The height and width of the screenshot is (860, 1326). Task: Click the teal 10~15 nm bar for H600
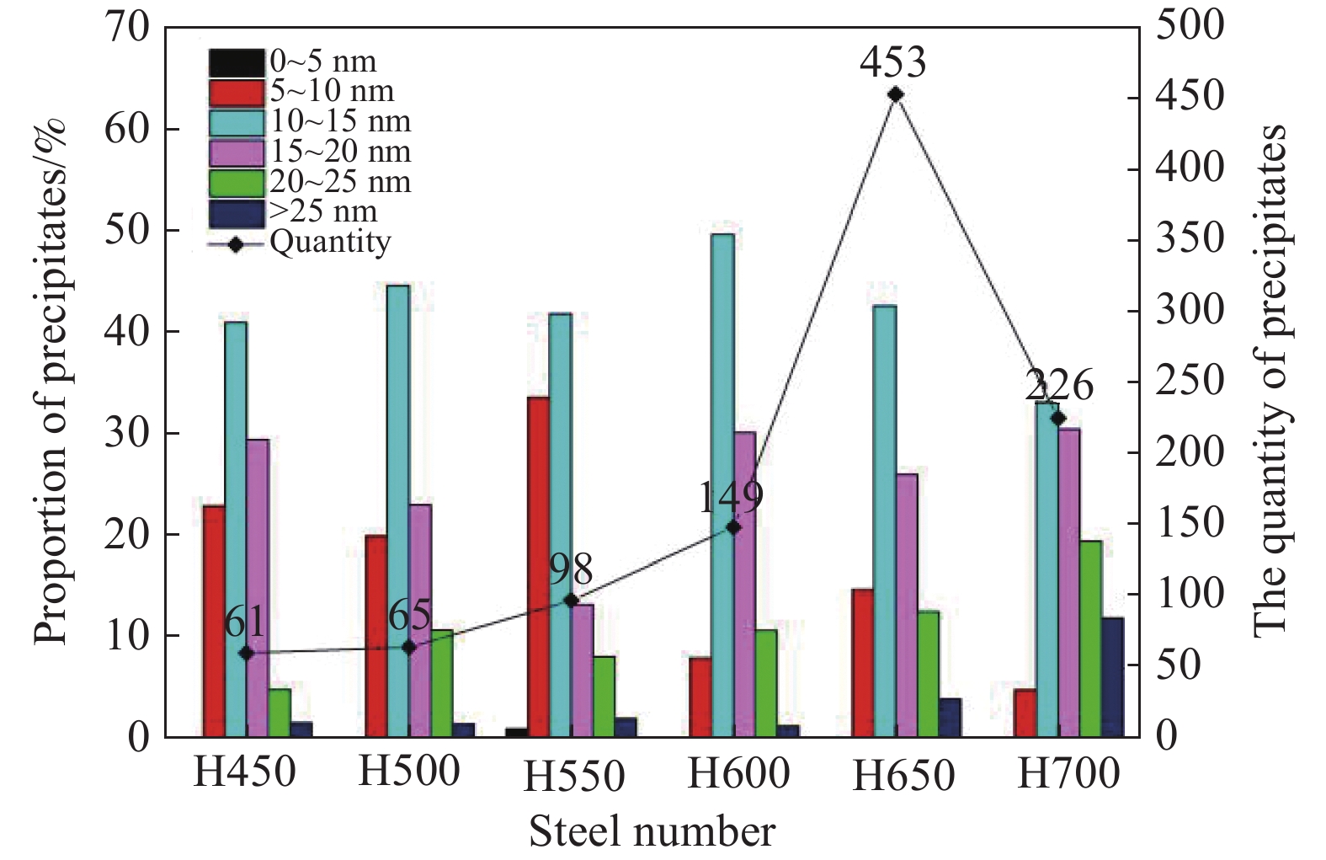pyautogui.click(x=723, y=485)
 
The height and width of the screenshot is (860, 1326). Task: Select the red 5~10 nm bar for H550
pyautogui.click(x=539, y=567)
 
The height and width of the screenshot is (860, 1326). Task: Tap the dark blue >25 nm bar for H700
pyautogui.click(x=1113, y=677)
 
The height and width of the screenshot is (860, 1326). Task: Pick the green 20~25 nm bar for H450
pyautogui.click(x=280, y=713)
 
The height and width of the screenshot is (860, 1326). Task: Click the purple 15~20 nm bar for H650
pyautogui.click(x=907, y=606)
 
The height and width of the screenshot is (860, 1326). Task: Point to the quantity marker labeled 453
pyautogui.click(x=896, y=94)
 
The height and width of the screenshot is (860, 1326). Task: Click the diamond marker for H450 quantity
pyautogui.click(x=247, y=654)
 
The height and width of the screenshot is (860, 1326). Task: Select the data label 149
pyautogui.click(x=731, y=498)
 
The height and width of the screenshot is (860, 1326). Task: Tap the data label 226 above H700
pyautogui.click(x=1059, y=386)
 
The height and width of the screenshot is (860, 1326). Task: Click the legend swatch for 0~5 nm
pyautogui.click(x=237, y=62)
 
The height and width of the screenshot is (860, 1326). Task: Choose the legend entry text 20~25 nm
pyautogui.click(x=340, y=181)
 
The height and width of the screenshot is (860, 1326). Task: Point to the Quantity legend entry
pyautogui.click(x=300, y=243)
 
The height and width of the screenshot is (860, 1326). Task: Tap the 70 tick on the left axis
pyautogui.click(x=126, y=28)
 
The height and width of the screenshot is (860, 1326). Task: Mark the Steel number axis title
pyautogui.click(x=652, y=832)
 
